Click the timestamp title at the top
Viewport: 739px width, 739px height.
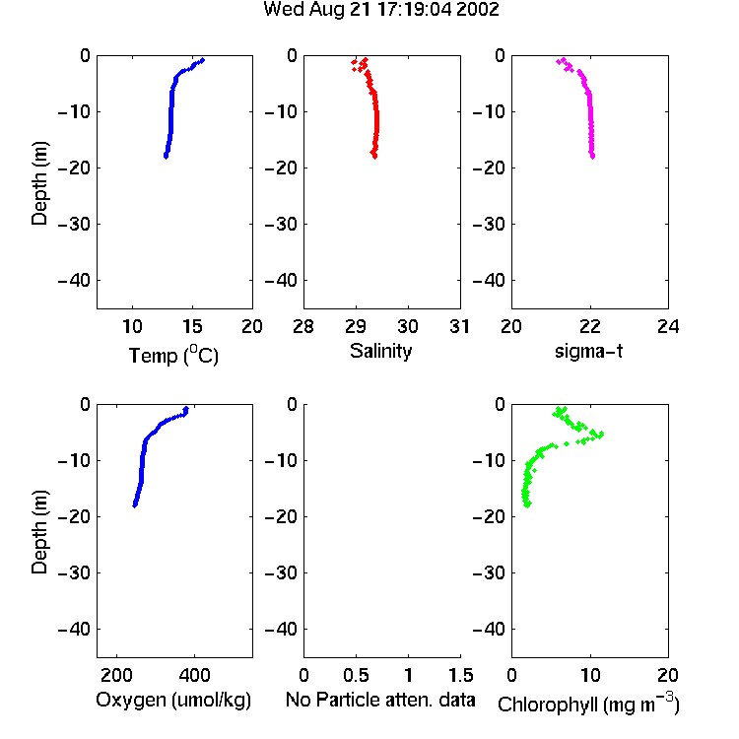[380, 10]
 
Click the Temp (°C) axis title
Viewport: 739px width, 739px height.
[173, 355]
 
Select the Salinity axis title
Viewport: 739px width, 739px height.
[380, 352]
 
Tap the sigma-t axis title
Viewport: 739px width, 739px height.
[588, 351]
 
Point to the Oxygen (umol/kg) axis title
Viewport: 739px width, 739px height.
[173, 700]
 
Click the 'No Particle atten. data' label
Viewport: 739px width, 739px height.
[380, 700]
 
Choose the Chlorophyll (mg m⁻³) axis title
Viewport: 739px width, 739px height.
[588, 704]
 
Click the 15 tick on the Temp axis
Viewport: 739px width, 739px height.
[192, 326]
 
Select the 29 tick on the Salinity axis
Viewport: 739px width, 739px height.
[356, 326]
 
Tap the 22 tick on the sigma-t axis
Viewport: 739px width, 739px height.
[589, 326]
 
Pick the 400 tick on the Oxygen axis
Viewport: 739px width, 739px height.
[194, 675]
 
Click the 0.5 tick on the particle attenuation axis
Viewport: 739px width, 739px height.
[356, 675]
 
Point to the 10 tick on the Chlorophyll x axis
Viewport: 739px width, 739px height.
[589, 675]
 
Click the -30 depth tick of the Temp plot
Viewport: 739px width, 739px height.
[74, 224]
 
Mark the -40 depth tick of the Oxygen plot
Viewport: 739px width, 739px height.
[74, 629]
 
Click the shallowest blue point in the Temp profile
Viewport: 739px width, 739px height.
[203, 60]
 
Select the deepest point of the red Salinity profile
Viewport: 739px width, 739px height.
[374, 157]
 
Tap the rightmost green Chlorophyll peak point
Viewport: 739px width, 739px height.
[601, 435]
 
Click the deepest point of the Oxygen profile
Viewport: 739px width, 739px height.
[135, 505]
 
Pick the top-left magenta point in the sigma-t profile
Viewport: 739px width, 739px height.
[559, 61]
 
